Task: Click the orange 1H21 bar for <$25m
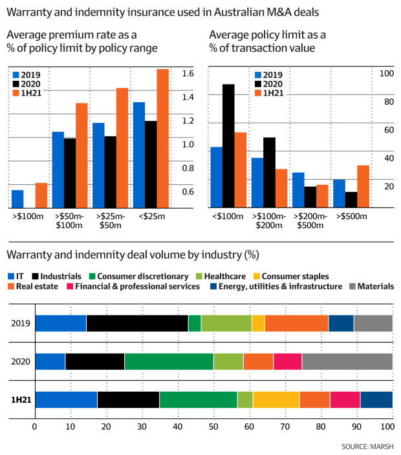click(162, 138)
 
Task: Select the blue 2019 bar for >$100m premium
click(17, 199)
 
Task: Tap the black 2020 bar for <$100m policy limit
click(228, 146)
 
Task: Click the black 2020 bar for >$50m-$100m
click(70, 173)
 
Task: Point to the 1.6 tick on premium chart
click(188, 74)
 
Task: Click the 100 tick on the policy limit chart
click(386, 74)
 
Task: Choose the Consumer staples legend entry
click(295, 276)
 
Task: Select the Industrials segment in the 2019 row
click(137, 323)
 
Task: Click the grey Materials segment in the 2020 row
click(347, 362)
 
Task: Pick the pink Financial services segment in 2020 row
click(288, 362)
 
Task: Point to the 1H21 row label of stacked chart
click(19, 400)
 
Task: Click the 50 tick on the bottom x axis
click(213, 427)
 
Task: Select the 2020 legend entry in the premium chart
click(31, 83)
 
